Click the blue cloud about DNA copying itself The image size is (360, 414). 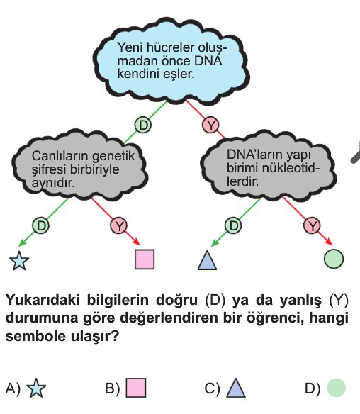pyautogui.click(x=171, y=60)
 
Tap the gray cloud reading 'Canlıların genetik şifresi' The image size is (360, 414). pyautogui.click(x=79, y=165)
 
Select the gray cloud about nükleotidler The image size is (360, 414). pyautogui.click(x=268, y=167)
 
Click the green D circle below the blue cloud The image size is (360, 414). pyautogui.click(x=143, y=125)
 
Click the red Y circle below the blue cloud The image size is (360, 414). pyautogui.click(x=210, y=125)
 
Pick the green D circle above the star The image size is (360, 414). pyautogui.click(x=40, y=225)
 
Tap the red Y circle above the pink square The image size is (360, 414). pyautogui.click(x=119, y=225)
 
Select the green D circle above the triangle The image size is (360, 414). pyautogui.click(x=233, y=225)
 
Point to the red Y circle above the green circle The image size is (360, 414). pyautogui.click(x=312, y=225)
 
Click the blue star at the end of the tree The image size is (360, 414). pyautogui.click(x=19, y=260)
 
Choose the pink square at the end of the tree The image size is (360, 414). pyautogui.click(x=145, y=259)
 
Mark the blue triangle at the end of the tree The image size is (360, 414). pyautogui.click(x=207, y=260)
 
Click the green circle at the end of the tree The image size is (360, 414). pyautogui.click(x=334, y=259)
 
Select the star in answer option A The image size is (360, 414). pyautogui.click(x=36, y=388)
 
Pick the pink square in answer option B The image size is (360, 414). pyautogui.click(x=136, y=388)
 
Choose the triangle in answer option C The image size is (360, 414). pyautogui.click(x=236, y=388)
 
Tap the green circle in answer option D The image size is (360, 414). pyautogui.click(x=336, y=388)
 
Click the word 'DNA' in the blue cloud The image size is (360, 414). pyautogui.click(x=208, y=61)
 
